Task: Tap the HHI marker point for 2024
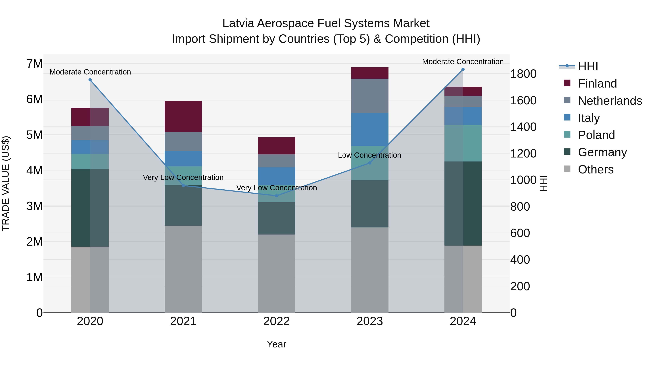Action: pyautogui.click(x=463, y=69)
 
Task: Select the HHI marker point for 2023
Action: pyautogui.click(x=369, y=163)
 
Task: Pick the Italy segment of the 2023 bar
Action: pyautogui.click(x=369, y=129)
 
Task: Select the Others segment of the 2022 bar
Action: pyautogui.click(x=276, y=273)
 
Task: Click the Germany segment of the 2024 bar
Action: pyautogui.click(x=463, y=203)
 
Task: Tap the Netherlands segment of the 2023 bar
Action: pyautogui.click(x=369, y=96)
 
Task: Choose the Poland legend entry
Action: pyautogui.click(x=596, y=135)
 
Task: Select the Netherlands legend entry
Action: pyautogui.click(x=609, y=101)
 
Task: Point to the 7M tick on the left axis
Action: pyautogui.click(x=34, y=64)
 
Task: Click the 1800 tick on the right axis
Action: pyautogui.click(x=523, y=74)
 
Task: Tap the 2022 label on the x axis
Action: pyautogui.click(x=276, y=321)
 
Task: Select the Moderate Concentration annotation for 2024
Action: pyautogui.click(x=463, y=62)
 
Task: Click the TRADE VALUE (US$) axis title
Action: pyautogui.click(x=6, y=183)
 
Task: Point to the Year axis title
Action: pyautogui.click(x=276, y=344)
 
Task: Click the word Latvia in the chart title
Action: pyautogui.click(x=238, y=23)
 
